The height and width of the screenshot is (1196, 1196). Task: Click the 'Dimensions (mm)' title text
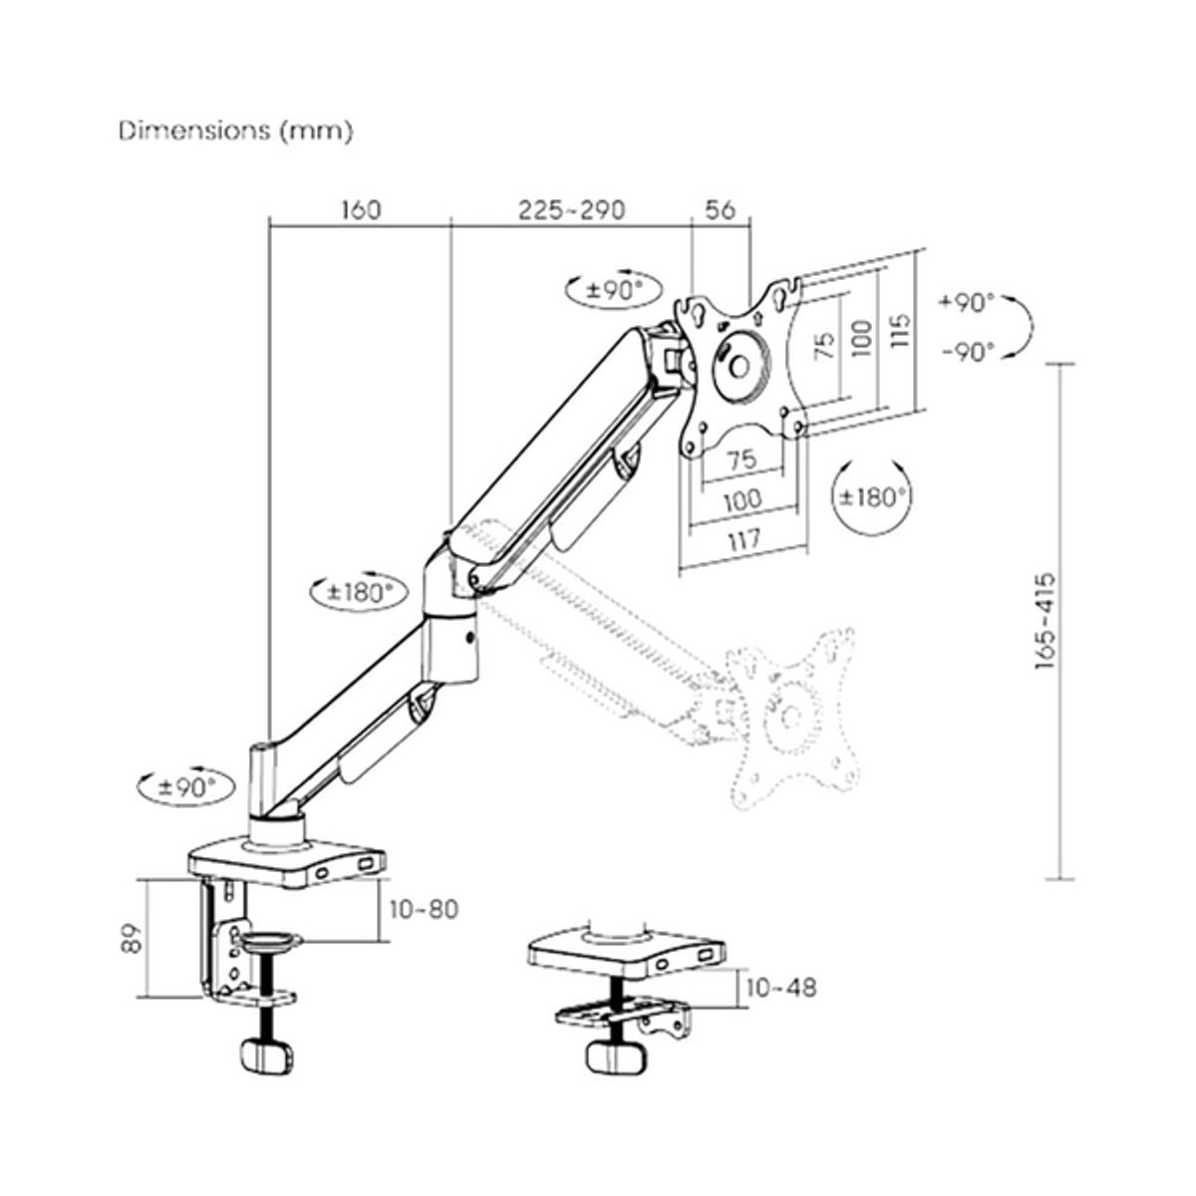click(x=235, y=131)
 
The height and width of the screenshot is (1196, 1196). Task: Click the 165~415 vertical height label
click(x=1046, y=621)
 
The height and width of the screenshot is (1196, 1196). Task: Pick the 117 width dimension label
click(x=744, y=538)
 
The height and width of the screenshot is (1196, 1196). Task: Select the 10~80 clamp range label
click(x=424, y=909)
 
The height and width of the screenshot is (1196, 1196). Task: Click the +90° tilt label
click(x=966, y=303)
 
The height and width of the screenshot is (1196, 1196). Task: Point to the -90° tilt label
click(x=966, y=352)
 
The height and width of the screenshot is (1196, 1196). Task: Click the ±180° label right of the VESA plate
click(x=872, y=495)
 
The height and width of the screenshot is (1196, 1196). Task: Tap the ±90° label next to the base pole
click(x=188, y=785)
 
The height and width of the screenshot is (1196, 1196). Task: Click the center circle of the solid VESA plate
click(x=740, y=366)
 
